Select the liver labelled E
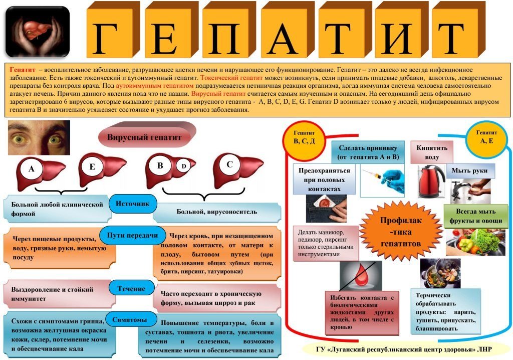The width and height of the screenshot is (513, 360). (x=102, y=171)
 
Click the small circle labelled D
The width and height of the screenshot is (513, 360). (x=183, y=166)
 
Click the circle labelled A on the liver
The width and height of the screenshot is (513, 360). (x=32, y=169)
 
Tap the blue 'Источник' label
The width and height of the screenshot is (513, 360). (x=132, y=204)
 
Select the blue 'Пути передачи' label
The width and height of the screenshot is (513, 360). (x=132, y=235)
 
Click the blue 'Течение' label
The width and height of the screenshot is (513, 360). (x=131, y=289)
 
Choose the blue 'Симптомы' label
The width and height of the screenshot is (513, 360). (x=130, y=319)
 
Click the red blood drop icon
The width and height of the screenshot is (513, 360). (x=362, y=274)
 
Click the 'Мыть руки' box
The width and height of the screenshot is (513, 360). (x=469, y=170)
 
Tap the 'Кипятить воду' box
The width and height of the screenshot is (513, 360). (x=432, y=152)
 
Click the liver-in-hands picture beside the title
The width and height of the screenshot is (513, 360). (x=38, y=32)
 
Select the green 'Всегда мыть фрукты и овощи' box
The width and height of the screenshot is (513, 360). (x=476, y=216)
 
